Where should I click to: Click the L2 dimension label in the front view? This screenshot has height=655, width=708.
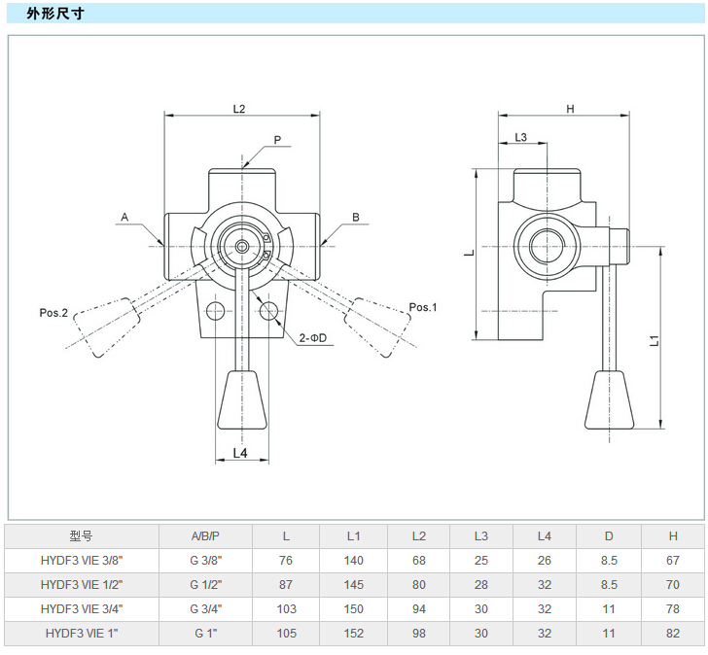point(239,108)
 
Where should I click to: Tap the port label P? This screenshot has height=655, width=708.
point(277,140)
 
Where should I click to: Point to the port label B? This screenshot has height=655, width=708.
point(356,217)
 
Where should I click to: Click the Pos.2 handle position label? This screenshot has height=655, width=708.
point(53,313)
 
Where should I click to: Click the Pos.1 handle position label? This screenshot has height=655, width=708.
point(423,307)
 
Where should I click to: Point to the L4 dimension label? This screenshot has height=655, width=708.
point(241,454)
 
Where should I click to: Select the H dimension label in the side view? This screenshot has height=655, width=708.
point(571,109)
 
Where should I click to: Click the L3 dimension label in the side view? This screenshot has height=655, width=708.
point(520,138)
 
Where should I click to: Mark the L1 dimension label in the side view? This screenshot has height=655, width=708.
point(655,340)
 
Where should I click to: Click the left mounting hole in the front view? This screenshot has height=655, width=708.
point(215,310)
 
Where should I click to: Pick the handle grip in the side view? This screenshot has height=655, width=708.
point(610,399)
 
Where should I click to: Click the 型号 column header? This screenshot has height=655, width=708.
point(82,535)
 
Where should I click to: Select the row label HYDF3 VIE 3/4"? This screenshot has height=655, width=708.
point(82,608)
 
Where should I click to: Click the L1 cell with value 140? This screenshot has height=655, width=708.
point(353,560)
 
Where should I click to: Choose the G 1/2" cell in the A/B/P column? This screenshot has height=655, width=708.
point(205,584)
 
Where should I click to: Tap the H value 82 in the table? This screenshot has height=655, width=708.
point(672,633)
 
